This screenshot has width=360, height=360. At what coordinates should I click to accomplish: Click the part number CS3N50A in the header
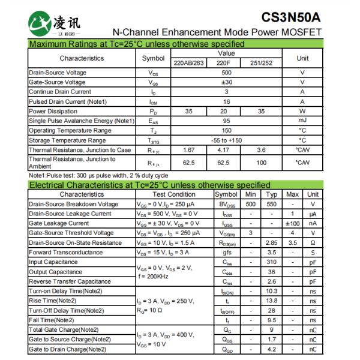[x=291, y=16]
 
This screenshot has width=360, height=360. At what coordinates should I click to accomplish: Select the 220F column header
[x=223, y=62]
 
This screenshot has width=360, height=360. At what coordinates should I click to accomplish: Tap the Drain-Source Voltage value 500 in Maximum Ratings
[x=226, y=73]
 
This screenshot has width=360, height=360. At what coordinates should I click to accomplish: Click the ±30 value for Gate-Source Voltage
[x=226, y=82]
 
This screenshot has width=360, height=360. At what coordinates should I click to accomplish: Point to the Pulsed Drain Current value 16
[x=226, y=101]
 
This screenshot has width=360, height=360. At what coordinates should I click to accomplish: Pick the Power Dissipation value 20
[x=223, y=111]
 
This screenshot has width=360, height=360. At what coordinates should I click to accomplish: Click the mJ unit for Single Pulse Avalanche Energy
[x=302, y=121]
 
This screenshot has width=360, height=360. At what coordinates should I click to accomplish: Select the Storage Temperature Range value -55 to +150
[x=226, y=140]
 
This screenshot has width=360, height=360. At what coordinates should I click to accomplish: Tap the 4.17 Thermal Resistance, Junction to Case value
[x=223, y=149]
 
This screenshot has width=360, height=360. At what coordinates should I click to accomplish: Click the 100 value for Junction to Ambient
[x=261, y=162]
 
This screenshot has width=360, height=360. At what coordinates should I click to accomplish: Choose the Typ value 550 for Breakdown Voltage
[x=271, y=204]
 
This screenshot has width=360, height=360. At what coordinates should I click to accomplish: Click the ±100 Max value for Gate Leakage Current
[x=292, y=223]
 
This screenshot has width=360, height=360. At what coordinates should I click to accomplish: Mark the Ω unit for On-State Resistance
[x=313, y=242]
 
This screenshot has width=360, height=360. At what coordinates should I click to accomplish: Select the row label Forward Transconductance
[x=65, y=252]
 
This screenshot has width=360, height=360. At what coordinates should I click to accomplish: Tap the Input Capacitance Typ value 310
[x=271, y=262]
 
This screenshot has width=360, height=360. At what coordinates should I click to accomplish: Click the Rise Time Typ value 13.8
[x=271, y=301]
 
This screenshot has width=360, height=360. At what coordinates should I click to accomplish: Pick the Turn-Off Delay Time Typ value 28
[x=271, y=310]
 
